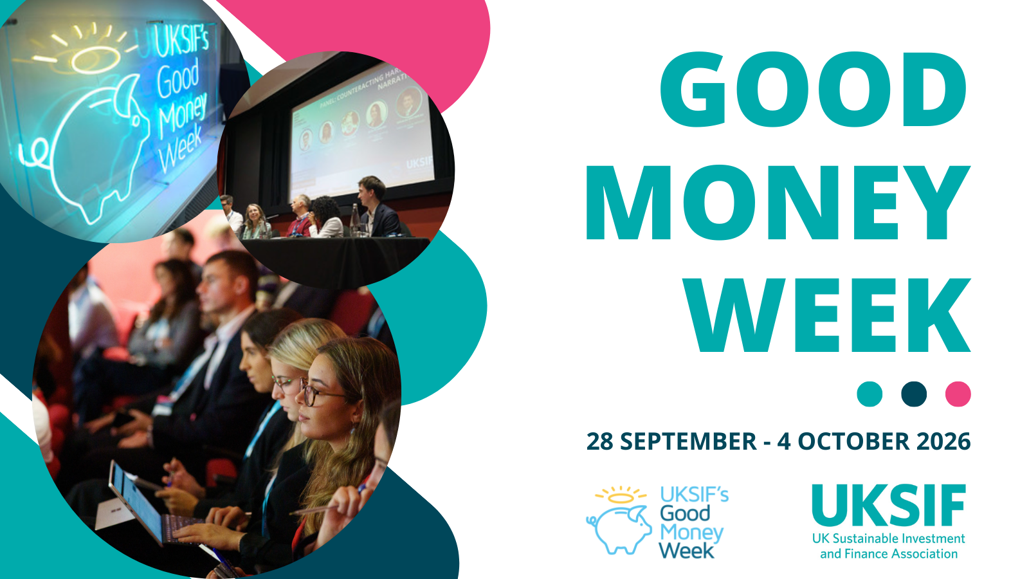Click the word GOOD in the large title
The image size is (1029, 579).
[813, 91]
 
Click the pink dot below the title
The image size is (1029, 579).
[958, 394]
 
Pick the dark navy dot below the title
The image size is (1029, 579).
[914, 394]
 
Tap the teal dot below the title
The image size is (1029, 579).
[870, 394]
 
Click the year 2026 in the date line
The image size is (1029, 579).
[943, 442]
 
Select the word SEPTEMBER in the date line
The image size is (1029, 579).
[688, 442]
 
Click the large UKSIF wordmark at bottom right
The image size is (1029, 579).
[889, 506]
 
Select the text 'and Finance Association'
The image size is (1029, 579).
[889, 554]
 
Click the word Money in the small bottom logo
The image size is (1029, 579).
[691, 533]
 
